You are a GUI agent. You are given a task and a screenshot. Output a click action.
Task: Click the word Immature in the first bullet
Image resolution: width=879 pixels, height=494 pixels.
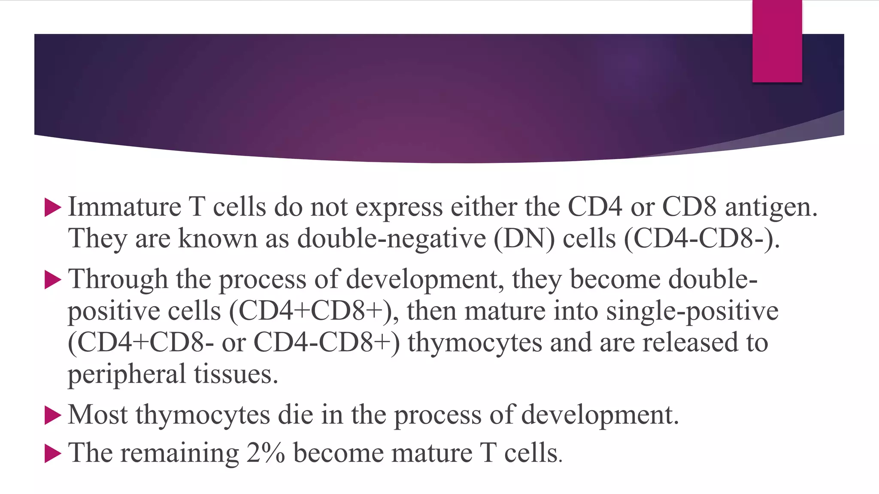click(x=125, y=207)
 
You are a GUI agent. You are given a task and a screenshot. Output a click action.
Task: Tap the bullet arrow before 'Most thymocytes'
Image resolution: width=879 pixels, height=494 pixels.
click(x=53, y=416)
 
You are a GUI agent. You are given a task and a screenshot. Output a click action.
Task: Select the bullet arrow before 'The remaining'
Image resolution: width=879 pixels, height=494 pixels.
click(x=53, y=454)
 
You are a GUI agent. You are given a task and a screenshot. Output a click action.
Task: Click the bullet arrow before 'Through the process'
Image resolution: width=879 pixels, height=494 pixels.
click(x=53, y=280)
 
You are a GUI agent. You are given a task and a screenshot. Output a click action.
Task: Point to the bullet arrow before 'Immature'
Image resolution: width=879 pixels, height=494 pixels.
click(x=53, y=208)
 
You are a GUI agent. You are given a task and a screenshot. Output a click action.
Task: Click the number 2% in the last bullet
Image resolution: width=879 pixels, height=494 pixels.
click(x=265, y=453)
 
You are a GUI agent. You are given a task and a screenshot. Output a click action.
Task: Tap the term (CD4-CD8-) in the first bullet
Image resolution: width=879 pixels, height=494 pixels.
click(x=701, y=238)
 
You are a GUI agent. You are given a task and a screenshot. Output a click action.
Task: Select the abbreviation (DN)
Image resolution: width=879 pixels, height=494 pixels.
click(x=524, y=238)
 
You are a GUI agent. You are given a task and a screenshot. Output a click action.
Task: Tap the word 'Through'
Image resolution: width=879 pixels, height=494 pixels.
click(x=118, y=280)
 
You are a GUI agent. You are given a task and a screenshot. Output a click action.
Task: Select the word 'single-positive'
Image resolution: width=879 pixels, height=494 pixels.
click(x=692, y=311)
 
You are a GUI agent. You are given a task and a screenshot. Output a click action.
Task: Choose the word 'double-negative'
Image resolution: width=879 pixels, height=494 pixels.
click(x=391, y=238)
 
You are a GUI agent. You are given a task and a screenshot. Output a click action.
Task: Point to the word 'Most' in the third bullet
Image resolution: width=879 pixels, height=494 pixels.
click(x=97, y=415)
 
